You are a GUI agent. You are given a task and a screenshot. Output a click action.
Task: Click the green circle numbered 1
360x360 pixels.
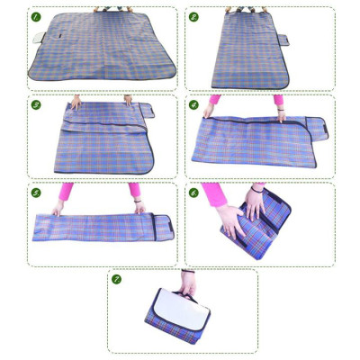coord(36,16)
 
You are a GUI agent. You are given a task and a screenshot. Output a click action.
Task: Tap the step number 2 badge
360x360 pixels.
coord(194,16)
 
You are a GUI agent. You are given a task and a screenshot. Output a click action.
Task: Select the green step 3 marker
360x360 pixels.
coord(36,104)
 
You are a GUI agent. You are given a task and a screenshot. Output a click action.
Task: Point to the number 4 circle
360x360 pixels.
coord(194,104)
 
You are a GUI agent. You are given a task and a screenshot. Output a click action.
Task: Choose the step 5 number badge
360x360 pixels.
coord(36,193)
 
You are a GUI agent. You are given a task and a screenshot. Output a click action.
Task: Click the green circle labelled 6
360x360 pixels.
coord(194,193)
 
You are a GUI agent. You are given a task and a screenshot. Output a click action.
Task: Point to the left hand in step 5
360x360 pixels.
coord(58,208)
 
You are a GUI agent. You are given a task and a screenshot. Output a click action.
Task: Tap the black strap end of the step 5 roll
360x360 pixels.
coord(163,226)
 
